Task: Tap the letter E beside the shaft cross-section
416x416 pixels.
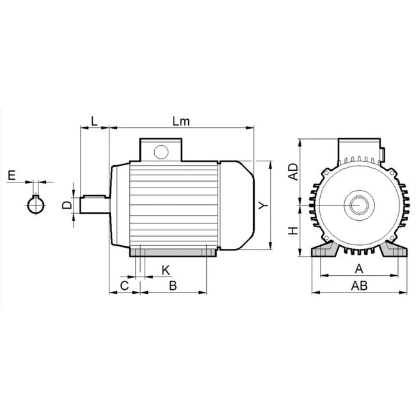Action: [11, 175]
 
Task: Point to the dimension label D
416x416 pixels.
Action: [66, 205]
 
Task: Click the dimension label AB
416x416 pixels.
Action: [359, 286]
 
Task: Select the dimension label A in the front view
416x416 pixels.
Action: [359, 268]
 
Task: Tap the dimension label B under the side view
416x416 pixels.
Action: [172, 285]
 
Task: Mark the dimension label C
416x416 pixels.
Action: [125, 285]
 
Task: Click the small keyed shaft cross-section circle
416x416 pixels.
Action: [36, 205]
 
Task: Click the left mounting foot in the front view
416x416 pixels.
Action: [323, 250]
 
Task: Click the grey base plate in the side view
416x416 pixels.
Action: [173, 254]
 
